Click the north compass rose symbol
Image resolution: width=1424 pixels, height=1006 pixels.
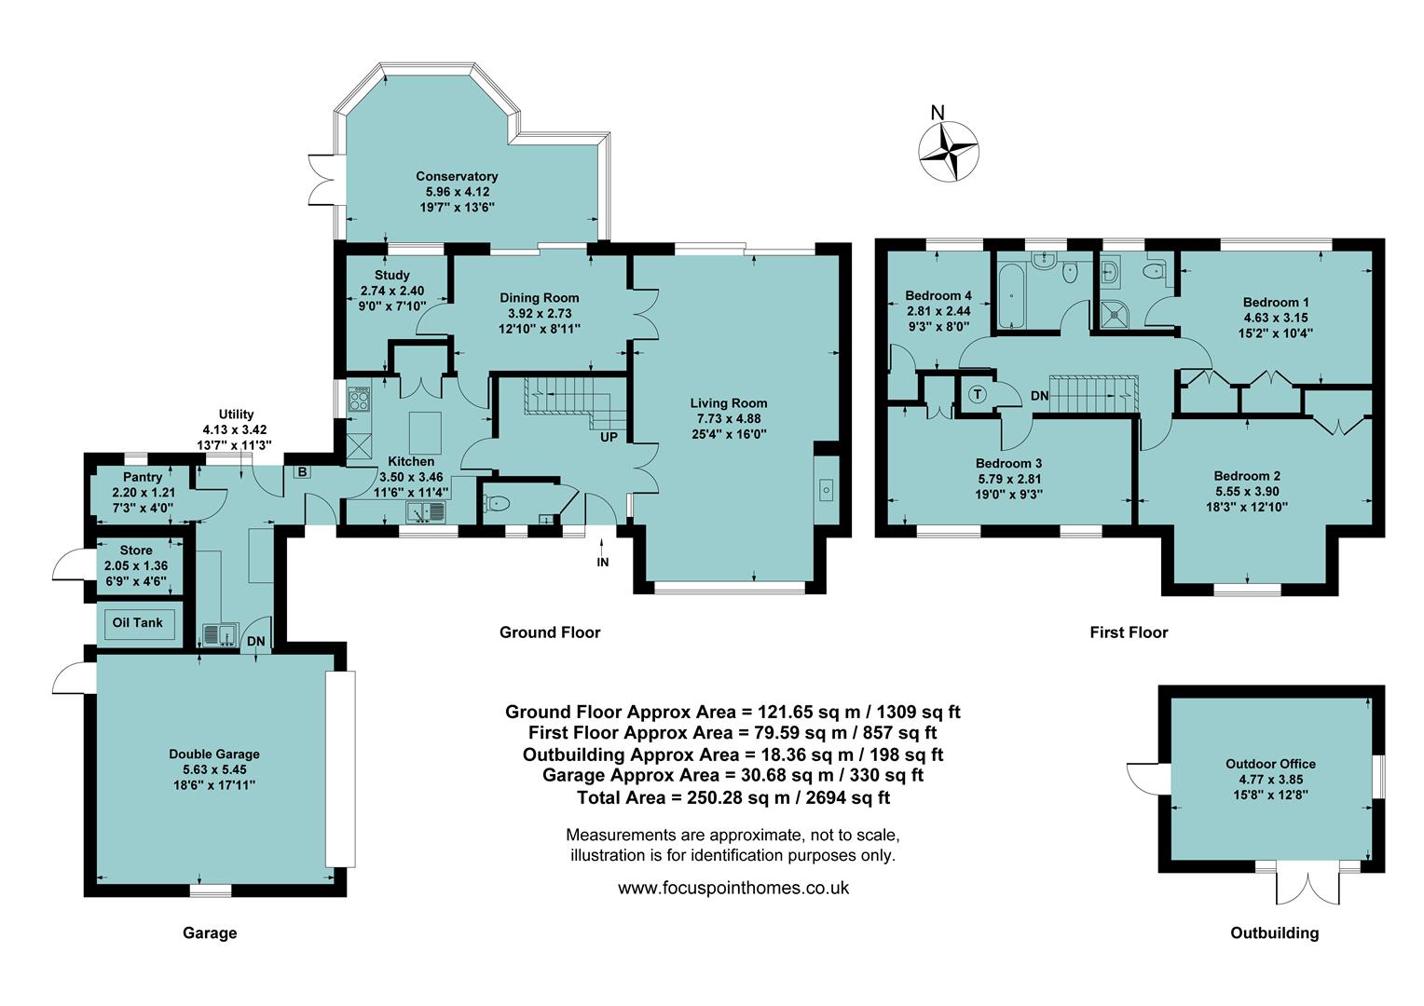[x=949, y=150]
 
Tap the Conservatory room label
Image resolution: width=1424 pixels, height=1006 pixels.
[x=457, y=176]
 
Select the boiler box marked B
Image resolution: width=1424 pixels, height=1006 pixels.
[x=303, y=472]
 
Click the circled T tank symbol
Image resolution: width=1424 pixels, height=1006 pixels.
[x=978, y=394]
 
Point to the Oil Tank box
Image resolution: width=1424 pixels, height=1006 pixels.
[x=138, y=623]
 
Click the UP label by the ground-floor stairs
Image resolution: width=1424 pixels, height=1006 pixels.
[x=609, y=437]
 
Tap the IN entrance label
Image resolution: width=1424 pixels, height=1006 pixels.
[x=603, y=562]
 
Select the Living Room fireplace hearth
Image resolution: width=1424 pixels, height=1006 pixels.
[x=827, y=490]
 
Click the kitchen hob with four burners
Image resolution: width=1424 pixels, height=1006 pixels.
[x=359, y=401]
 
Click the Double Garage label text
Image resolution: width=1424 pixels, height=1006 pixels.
[x=214, y=754]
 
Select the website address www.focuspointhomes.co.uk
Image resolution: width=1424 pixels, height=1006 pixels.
[x=733, y=888]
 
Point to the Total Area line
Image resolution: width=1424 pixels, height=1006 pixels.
[x=733, y=797]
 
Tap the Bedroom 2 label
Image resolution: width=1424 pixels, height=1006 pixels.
[x=1247, y=476]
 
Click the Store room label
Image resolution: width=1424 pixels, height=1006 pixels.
[x=136, y=551]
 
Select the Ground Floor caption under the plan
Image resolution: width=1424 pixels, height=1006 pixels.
[x=550, y=632]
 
